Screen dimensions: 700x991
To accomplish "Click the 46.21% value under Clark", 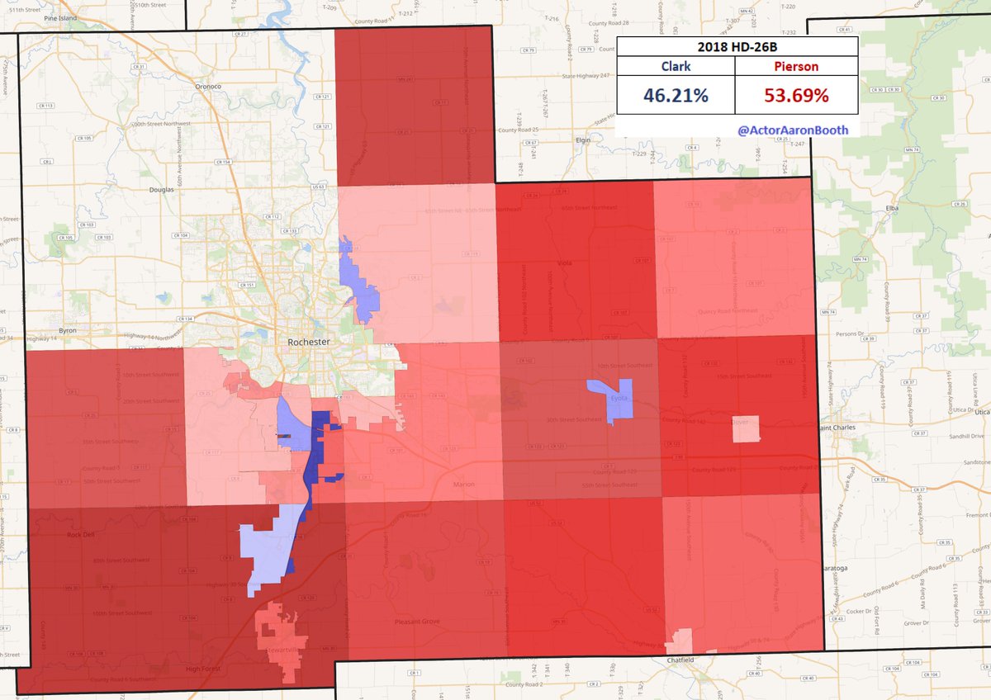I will coord(676,96).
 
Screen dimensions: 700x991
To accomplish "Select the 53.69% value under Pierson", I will coord(796,96).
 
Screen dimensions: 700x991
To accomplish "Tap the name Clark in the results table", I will coord(676,65).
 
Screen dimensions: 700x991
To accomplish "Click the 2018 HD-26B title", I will coord(737,46).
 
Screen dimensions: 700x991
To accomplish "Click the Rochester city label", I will coord(309,342).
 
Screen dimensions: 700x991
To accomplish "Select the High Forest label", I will coord(205,669).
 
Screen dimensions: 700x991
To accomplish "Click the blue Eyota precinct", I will coord(614,400).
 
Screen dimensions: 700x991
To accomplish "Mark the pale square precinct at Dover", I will coord(746,428).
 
